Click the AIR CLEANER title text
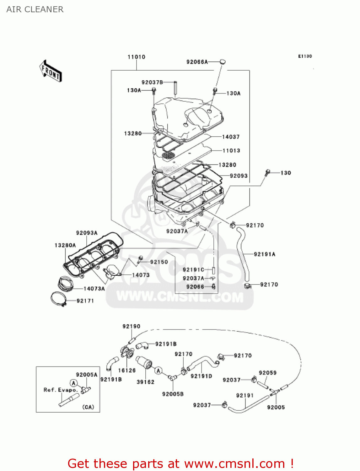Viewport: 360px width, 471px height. [x=35, y=9]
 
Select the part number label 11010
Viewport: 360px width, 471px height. [x=136, y=57]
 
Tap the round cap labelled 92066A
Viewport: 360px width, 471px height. [x=222, y=62]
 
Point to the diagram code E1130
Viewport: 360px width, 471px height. [x=305, y=56]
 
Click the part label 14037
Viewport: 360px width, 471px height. [x=231, y=137]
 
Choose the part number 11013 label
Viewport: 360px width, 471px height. [x=231, y=151]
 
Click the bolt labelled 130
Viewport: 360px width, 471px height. [x=267, y=172]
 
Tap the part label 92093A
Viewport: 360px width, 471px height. [x=87, y=233]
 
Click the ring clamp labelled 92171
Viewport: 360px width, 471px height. [x=58, y=299]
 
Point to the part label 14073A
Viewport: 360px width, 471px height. [x=94, y=289]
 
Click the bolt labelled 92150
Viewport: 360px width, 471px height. [x=140, y=259]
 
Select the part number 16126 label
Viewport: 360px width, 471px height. [x=127, y=371]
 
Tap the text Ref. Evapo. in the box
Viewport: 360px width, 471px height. [x=60, y=390]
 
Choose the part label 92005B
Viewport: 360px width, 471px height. [x=173, y=394]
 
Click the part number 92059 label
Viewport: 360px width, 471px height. [x=267, y=373]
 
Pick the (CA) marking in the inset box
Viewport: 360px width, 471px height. [x=88, y=407]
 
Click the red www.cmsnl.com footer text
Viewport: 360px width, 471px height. [x=180, y=463]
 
